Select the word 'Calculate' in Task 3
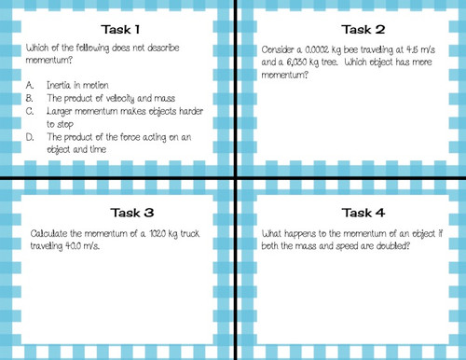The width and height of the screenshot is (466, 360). [x=49, y=229]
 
